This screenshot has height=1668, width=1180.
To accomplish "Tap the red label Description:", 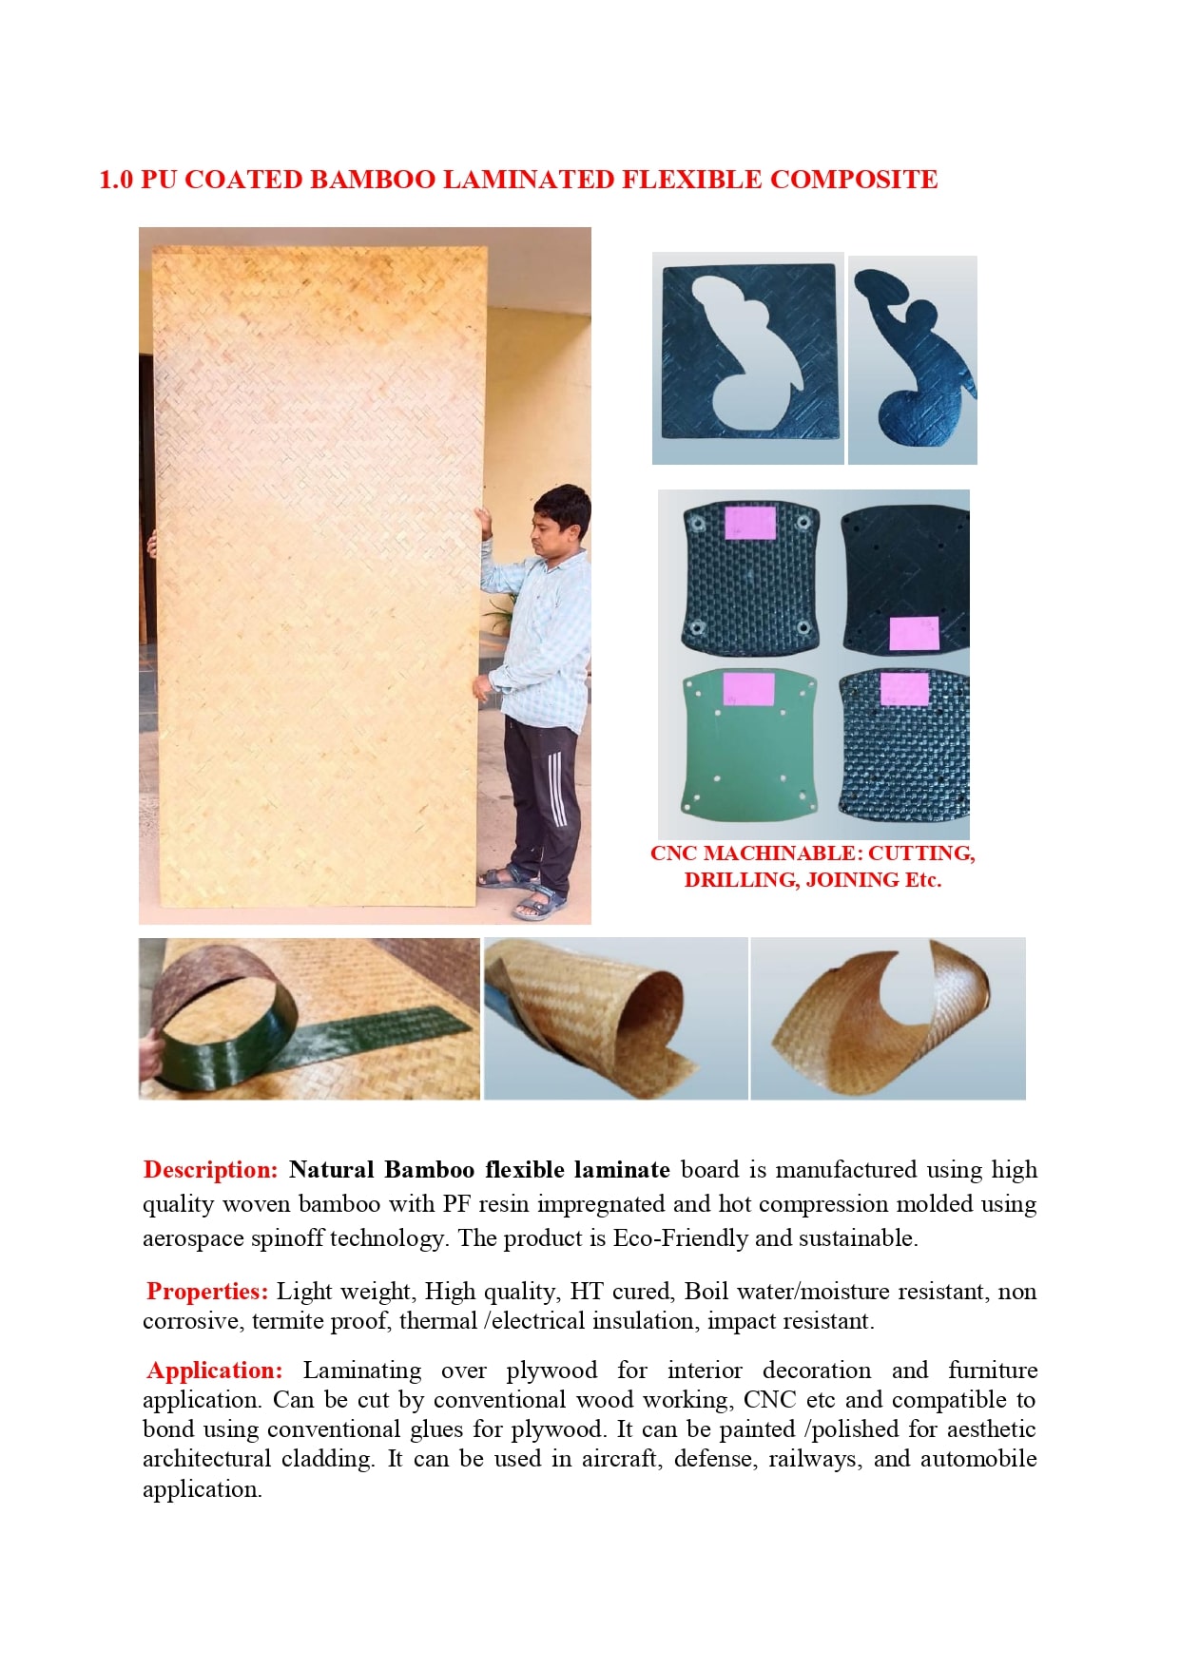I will (210, 1170).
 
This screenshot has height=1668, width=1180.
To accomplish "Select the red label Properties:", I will (207, 1292).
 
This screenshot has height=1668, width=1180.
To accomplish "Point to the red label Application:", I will (214, 1371).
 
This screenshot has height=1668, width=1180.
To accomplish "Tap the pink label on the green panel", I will (748, 689).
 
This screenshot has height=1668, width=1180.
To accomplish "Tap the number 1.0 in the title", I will (116, 180).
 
